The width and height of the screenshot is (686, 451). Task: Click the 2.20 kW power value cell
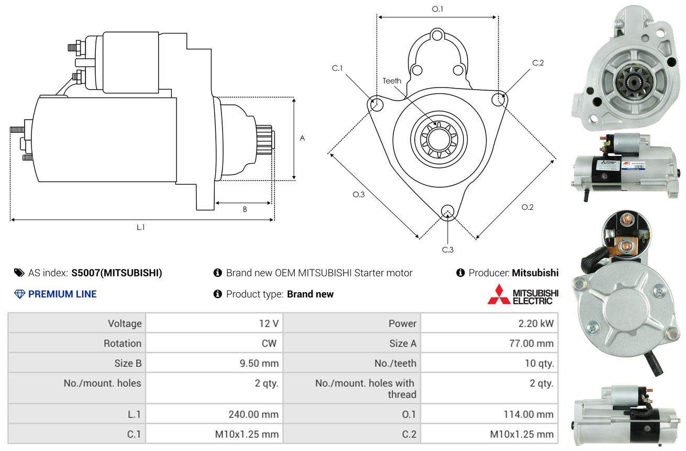(x=536, y=324)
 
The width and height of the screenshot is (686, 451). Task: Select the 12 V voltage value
(x=268, y=324)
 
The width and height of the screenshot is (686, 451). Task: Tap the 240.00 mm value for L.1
(x=253, y=414)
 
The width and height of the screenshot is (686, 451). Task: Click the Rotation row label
(x=122, y=343)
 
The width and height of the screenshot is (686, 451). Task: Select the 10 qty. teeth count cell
(x=539, y=363)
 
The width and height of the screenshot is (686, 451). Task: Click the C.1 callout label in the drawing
(x=337, y=68)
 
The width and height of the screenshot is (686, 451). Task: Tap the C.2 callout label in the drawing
(x=538, y=63)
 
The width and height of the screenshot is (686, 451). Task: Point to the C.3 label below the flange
(x=448, y=250)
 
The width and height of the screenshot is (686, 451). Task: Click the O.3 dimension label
(x=358, y=194)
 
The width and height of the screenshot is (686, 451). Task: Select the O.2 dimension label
(x=527, y=207)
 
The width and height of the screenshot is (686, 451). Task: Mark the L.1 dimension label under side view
(x=141, y=227)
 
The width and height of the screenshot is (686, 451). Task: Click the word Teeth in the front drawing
(x=392, y=81)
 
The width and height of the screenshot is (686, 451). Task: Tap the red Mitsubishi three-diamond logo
(x=499, y=294)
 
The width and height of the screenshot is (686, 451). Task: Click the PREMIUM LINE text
(x=62, y=294)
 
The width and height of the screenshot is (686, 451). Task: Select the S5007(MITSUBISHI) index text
(x=117, y=273)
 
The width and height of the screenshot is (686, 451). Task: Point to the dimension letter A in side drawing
(x=302, y=138)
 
